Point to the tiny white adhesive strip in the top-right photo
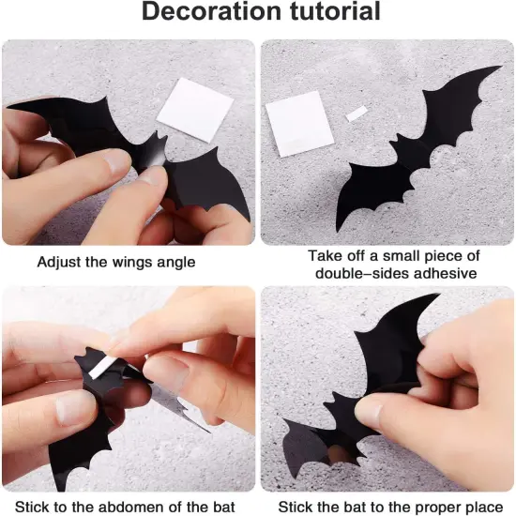[x=357, y=114]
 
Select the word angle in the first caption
[x=175, y=262]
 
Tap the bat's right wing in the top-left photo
[x=212, y=183]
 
